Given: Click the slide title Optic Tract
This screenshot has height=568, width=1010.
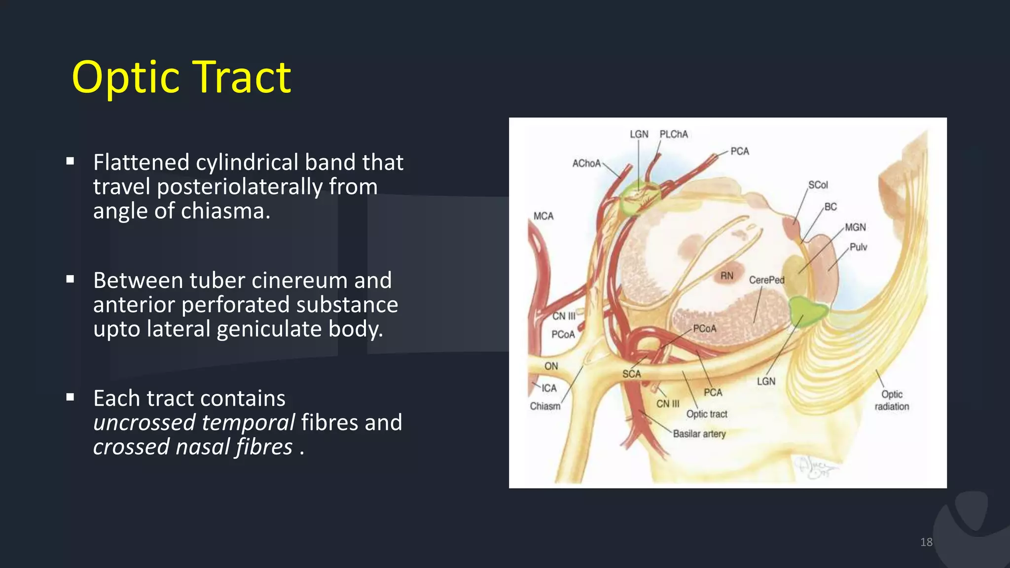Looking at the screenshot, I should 181,77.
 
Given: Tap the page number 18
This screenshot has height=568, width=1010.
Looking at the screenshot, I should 926,542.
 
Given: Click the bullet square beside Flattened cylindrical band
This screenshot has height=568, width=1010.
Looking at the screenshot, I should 70,161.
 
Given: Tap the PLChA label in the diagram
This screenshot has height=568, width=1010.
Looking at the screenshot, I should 673,135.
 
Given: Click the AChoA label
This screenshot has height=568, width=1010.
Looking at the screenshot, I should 586,163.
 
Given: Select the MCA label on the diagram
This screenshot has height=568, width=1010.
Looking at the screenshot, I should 543,216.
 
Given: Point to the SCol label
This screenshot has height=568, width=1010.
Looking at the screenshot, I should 818,185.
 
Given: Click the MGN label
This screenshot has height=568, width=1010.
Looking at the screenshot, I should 855,227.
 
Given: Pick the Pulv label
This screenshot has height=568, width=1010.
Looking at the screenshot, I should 858,247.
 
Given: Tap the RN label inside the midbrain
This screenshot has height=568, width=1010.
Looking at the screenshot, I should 726,276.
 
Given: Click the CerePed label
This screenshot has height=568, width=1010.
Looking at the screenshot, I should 766,280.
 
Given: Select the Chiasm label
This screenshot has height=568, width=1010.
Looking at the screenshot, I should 545,406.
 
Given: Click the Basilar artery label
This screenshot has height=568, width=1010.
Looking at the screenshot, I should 699,434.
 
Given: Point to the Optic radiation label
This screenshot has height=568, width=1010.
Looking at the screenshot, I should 892,400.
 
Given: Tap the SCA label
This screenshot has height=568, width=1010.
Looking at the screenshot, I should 631,374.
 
